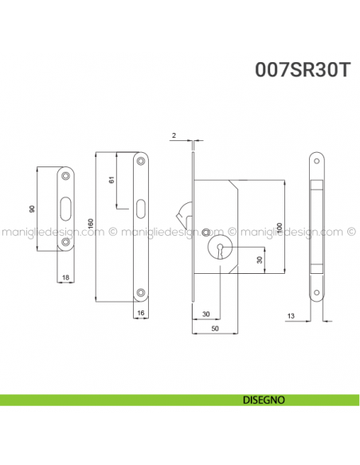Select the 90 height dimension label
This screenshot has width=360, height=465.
point(31,209)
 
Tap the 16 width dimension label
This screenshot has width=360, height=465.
point(139,314)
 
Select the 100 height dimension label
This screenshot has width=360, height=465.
point(279,227)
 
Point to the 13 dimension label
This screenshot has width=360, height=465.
point(292,317)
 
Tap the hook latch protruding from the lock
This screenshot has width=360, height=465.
point(183,213)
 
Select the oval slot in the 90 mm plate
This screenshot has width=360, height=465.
point(65,209)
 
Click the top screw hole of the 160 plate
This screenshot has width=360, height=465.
point(141,162)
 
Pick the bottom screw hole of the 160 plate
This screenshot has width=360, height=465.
point(141,292)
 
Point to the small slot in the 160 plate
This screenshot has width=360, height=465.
point(141,210)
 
